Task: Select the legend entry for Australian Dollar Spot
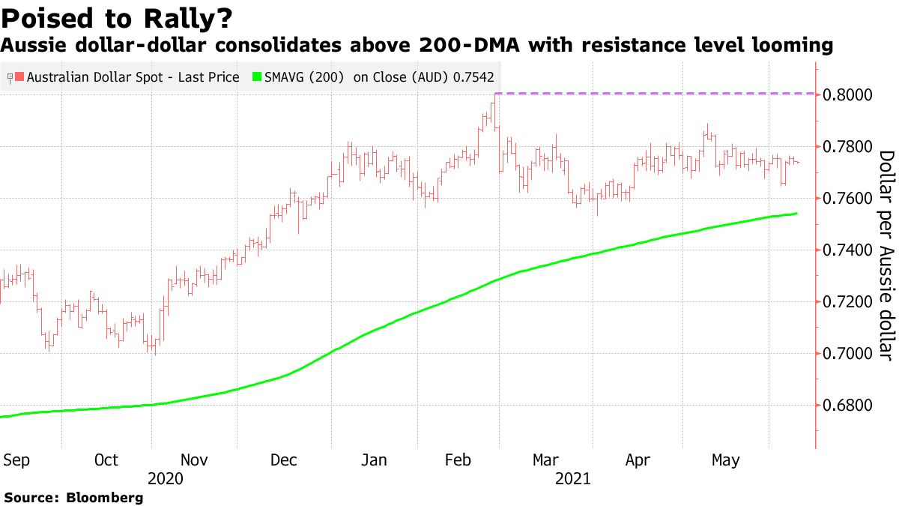click(x=127, y=76)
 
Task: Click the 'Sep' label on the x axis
click(x=16, y=460)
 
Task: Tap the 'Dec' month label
click(x=285, y=460)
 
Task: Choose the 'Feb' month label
click(x=458, y=460)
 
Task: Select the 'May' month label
click(x=725, y=460)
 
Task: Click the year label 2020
click(x=166, y=478)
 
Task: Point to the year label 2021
click(x=572, y=478)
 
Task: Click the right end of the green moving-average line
click(x=796, y=214)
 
